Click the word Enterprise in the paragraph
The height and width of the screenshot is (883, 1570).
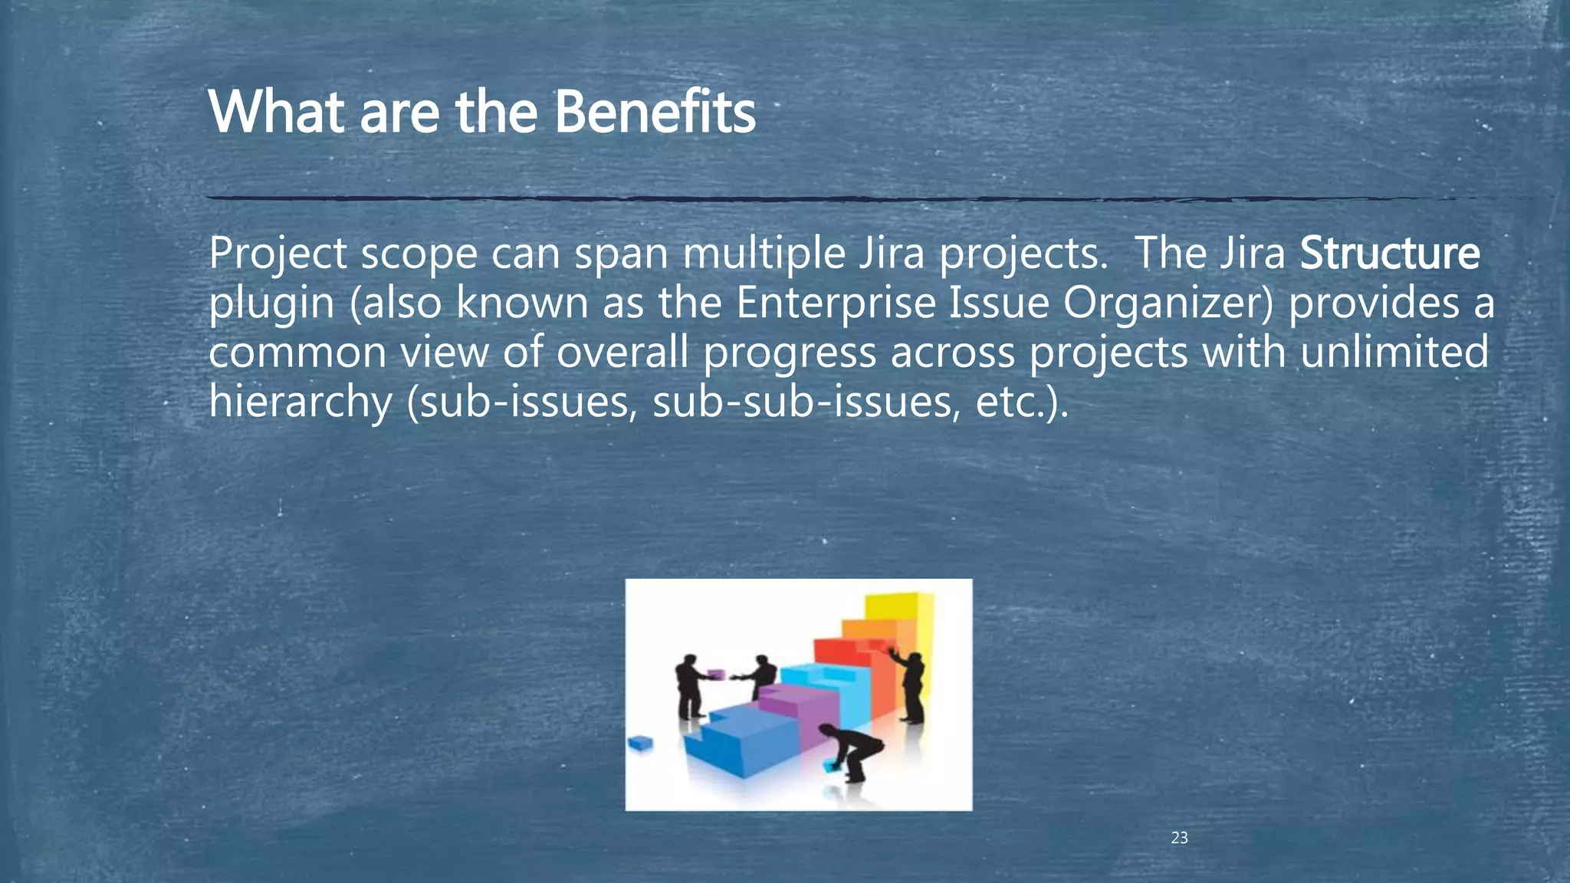[836, 303]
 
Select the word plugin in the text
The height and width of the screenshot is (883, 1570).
[271, 304]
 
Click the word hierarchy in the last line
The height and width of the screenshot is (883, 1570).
[300, 402]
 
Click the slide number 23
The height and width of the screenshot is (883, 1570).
[1179, 838]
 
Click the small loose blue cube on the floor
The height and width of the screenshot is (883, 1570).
[639, 743]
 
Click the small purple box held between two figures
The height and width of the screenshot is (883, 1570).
[716, 674]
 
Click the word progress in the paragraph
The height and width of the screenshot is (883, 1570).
[790, 353]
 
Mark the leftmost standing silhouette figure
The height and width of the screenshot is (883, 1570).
[689, 684]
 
